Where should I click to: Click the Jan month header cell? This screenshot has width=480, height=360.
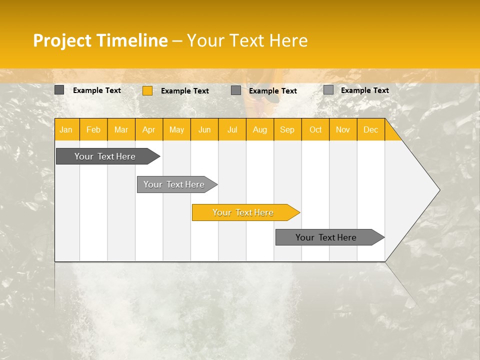click(x=66, y=129)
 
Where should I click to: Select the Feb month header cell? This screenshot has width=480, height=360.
click(x=93, y=129)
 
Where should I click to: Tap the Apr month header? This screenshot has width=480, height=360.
click(x=148, y=129)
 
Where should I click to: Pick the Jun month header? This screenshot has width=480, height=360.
click(x=204, y=129)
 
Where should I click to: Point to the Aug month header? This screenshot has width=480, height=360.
click(x=259, y=129)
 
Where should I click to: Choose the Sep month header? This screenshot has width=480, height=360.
click(x=287, y=129)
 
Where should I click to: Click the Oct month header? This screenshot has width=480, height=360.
click(x=315, y=129)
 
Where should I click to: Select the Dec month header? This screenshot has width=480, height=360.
click(x=370, y=129)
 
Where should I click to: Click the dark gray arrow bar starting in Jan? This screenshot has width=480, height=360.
click(x=105, y=156)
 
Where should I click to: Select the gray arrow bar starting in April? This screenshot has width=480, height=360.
click(x=174, y=184)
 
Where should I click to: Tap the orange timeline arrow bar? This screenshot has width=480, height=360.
click(x=243, y=212)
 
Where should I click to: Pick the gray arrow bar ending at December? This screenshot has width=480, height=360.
click(x=326, y=237)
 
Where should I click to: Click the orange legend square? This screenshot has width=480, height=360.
click(x=147, y=90)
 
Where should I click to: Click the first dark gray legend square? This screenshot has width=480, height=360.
click(x=59, y=90)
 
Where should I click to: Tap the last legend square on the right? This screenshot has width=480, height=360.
click(x=328, y=90)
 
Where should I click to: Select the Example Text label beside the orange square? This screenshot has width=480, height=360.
click(x=185, y=91)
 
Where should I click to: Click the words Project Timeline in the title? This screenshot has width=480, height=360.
click(x=100, y=40)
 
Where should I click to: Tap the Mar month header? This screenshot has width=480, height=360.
click(x=121, y=129)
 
